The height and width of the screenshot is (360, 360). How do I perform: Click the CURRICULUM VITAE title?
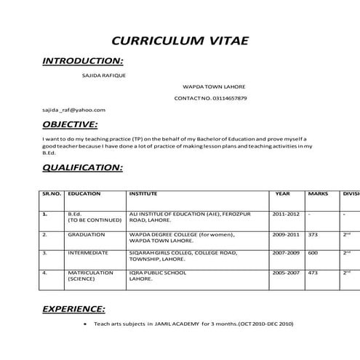pyautogui.click(x=180, y=39)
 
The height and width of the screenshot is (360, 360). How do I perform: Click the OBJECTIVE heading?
pyautogui.click(x=70, y=124)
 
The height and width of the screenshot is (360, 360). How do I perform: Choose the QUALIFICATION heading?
pyautogui.click(x=82, y=167)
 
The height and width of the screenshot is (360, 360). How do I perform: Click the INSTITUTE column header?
pyautogui.click(x=143, y=194)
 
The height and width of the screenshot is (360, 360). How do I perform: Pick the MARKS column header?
pyautogui.click(x=318, y=194)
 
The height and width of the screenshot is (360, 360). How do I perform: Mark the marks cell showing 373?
pyautogui.click(x=313, y=235)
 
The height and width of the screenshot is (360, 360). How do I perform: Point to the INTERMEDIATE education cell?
pyautogui.click(x=88, y=253)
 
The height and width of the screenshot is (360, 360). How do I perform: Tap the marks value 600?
pyautogui.click(x=313, y=253)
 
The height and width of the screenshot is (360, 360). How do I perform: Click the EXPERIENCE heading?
pyautogui.click(x=73, y=309)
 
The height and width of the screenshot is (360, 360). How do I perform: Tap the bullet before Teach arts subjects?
pyautogui.click(x=87, y=324)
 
